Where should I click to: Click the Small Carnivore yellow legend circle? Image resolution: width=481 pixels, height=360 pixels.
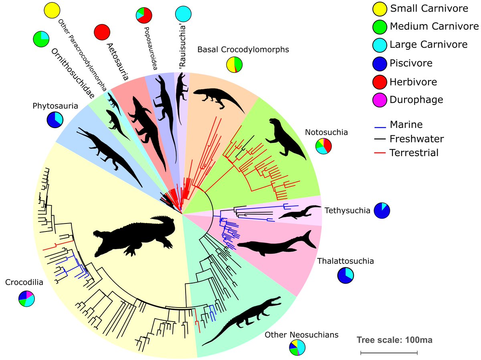(379, 8)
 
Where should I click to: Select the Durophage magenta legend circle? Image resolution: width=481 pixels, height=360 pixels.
(379, 100)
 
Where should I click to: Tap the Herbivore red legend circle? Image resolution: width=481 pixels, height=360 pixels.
(379, 82)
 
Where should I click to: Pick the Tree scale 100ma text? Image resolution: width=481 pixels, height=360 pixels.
(389, 340)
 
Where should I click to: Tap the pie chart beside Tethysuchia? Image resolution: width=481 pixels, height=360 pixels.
(382, 211)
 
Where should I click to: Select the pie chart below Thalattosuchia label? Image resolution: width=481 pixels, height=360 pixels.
(346, 276)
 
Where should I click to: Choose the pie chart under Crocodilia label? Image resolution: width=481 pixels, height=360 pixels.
(26, 298)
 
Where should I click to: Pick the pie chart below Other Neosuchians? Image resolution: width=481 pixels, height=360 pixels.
(297, 348)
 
